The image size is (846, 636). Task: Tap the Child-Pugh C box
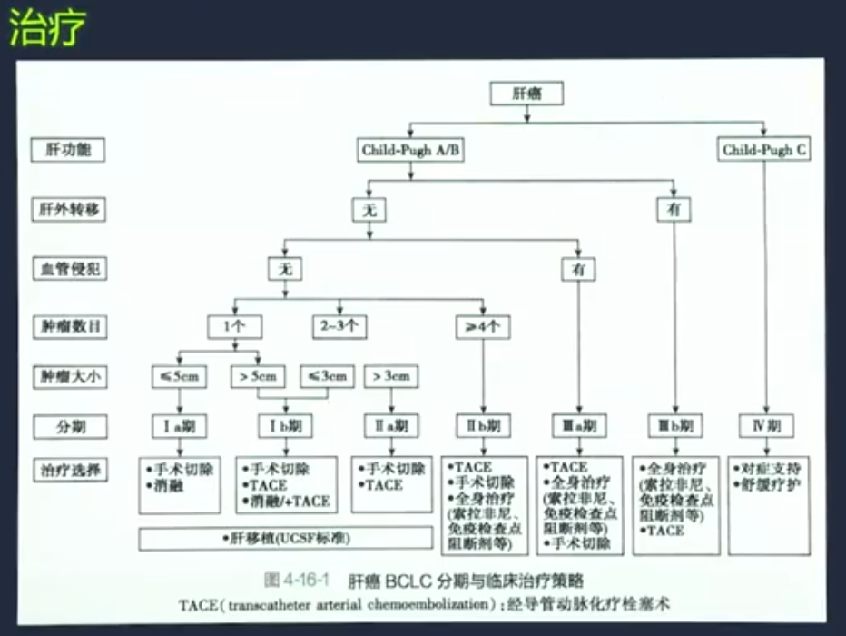(x=764, y=150)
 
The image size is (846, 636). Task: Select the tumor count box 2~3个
(x=340, y=324)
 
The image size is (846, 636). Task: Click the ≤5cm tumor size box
(x=180, y=375)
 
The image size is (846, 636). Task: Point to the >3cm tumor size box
(x=390, y=375)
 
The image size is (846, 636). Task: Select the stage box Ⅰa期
(x=180, y=424)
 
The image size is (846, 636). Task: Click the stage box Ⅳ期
(x=765, y=424)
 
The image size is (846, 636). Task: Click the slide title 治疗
(x=47, y=31)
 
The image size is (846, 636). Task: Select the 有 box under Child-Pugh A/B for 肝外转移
(x=674, y=210)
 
